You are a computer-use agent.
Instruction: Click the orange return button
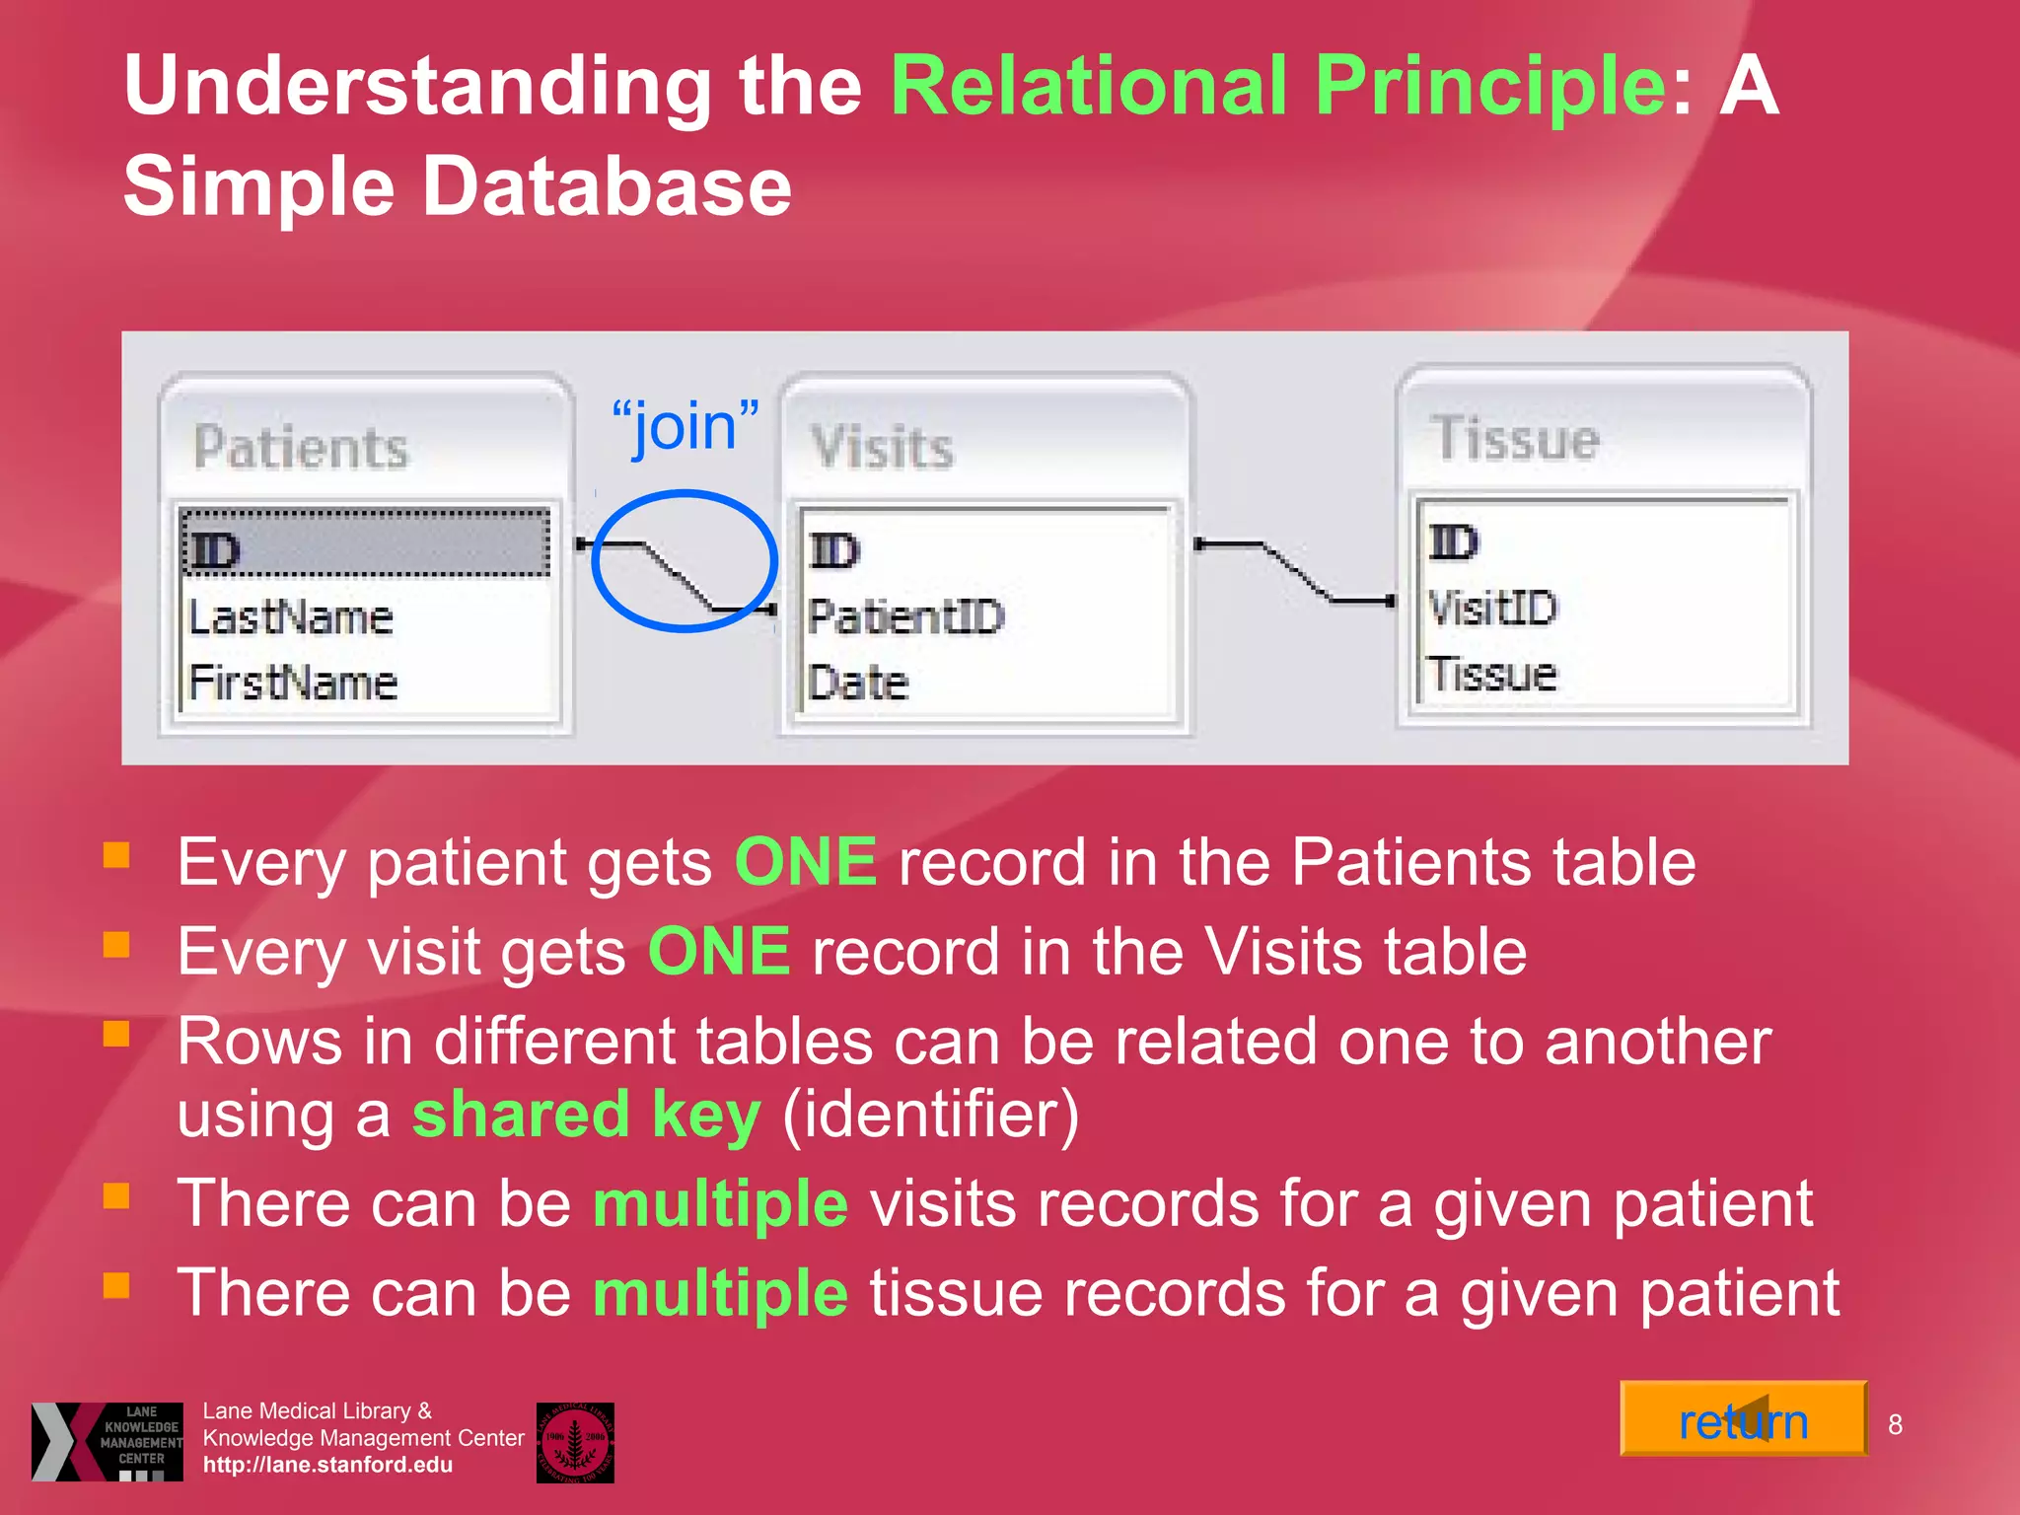(x=1743, y=1419)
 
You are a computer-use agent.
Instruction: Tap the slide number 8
(x=1895, y=1424)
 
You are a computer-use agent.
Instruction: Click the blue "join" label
(x=685, y=426)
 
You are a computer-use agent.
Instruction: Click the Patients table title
(x=301, y=447)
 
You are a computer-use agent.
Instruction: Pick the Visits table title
(x=882, y=447)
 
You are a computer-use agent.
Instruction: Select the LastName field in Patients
(x=291, y=618)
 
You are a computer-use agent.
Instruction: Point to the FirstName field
(x=293, y=683)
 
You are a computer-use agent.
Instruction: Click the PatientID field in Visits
(x=905, y=617)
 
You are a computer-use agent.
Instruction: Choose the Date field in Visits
(x=857, y=683)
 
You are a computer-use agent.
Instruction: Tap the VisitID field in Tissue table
(x=1492, y=608)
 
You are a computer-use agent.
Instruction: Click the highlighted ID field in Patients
(x=365, y=543)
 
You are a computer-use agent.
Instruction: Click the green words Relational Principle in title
(x=1278, y=86)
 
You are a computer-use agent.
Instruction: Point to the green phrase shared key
(x=586, y=1115)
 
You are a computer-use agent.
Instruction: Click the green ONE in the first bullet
(x=805, y=861)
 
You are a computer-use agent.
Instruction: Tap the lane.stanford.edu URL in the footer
(x=327, y=1465)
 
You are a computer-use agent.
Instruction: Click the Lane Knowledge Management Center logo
(x=108, y=1441)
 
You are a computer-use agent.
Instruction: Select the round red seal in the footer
(x=575, y=1442)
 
